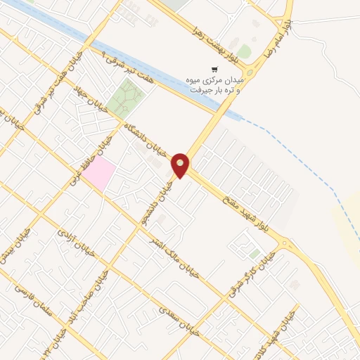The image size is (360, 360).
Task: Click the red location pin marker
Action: (x=181, y=165)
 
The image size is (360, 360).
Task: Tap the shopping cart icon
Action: (x=214, y=69)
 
